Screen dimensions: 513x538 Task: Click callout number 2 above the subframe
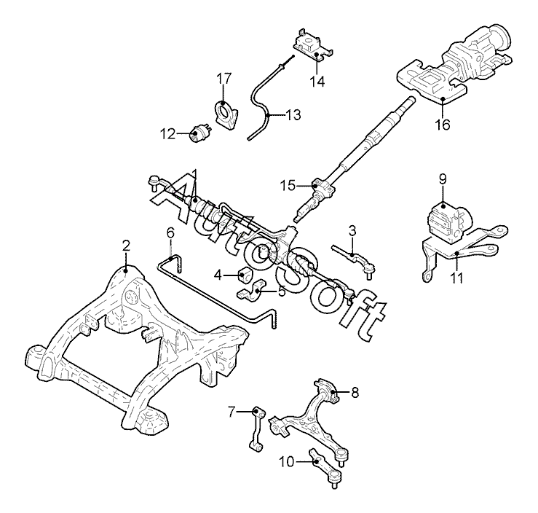point(126,246)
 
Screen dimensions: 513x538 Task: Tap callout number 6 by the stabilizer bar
point(170,232)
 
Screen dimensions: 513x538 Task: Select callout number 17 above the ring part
point(223,77)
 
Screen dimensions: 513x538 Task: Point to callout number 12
point(168,133)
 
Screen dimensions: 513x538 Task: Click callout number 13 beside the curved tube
point(292,114)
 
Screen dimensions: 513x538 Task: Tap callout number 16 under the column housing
point(442,125)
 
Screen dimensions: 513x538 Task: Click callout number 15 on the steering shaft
point(288,185)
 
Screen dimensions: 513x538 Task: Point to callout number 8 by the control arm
point(355,393)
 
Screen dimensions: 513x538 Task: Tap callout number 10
point(285,461)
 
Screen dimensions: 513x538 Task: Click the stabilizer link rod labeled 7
point(257,430)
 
